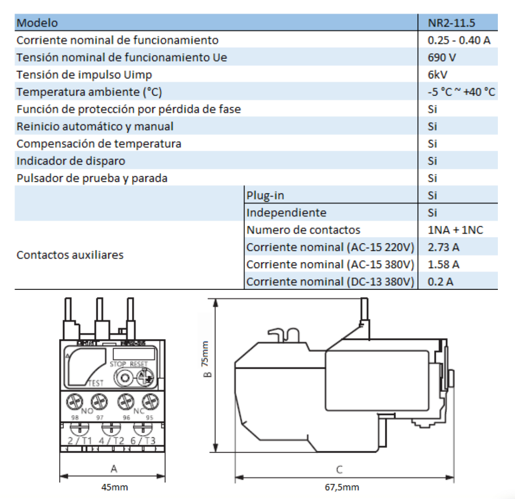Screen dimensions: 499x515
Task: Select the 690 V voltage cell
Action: coord(441,58)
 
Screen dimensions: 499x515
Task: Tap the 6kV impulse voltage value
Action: coord(438,75)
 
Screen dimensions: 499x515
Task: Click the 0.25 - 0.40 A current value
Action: coord(459,40)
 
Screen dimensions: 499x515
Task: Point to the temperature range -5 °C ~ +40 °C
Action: coord(461,92)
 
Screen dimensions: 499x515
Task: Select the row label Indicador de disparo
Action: coord(71,161)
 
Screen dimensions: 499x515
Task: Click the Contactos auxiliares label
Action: coord(70,255)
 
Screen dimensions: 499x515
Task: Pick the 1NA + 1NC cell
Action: coord(456,230)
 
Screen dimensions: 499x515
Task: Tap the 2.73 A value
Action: coord(444,247)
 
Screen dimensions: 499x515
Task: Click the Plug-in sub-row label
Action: coord(265,195)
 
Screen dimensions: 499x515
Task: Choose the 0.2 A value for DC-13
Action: coord(440,281)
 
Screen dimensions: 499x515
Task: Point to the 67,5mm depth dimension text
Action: coord(342,487)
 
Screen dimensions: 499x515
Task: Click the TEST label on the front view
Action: coord(95,384)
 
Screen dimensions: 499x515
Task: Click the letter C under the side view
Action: coord(339,469)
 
